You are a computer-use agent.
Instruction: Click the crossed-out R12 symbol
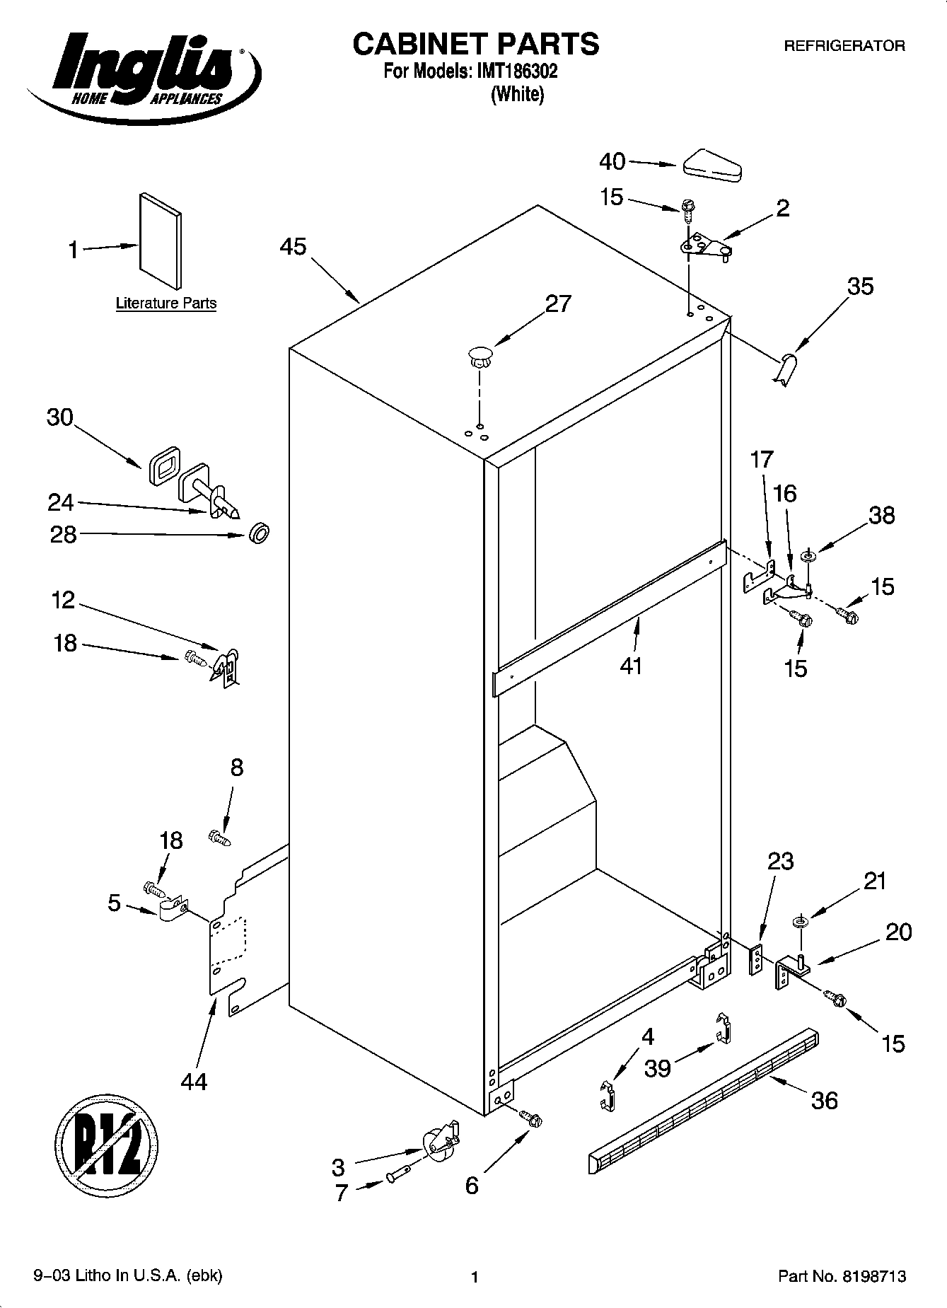107,1145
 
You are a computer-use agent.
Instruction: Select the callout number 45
293,247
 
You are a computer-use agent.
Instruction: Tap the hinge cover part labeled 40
711,165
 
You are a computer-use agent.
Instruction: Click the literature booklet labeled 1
161,242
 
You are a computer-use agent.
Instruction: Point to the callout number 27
558,304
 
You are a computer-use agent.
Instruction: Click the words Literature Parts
166,303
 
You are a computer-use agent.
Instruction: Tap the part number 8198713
873,1276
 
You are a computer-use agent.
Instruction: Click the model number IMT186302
517,72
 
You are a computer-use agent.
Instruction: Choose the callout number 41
631,665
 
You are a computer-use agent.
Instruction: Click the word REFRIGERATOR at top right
844,47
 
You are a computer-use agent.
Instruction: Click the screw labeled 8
219,838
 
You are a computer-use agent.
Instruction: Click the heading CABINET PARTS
475,44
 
